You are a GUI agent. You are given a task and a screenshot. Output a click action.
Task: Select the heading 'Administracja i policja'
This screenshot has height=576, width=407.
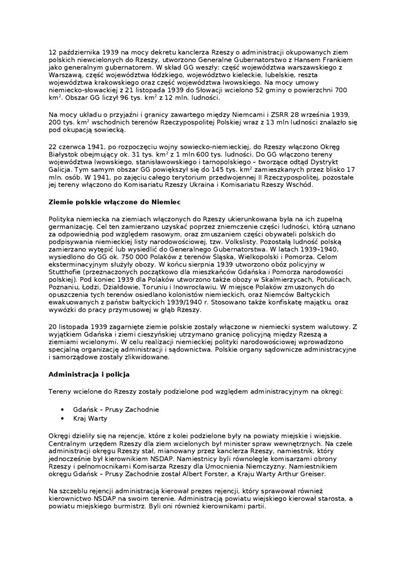pos(89,374)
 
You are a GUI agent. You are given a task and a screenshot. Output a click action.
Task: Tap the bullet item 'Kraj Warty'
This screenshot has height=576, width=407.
pos(90,418)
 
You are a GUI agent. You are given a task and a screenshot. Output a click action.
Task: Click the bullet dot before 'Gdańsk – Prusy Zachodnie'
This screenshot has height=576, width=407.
pos(63,409)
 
